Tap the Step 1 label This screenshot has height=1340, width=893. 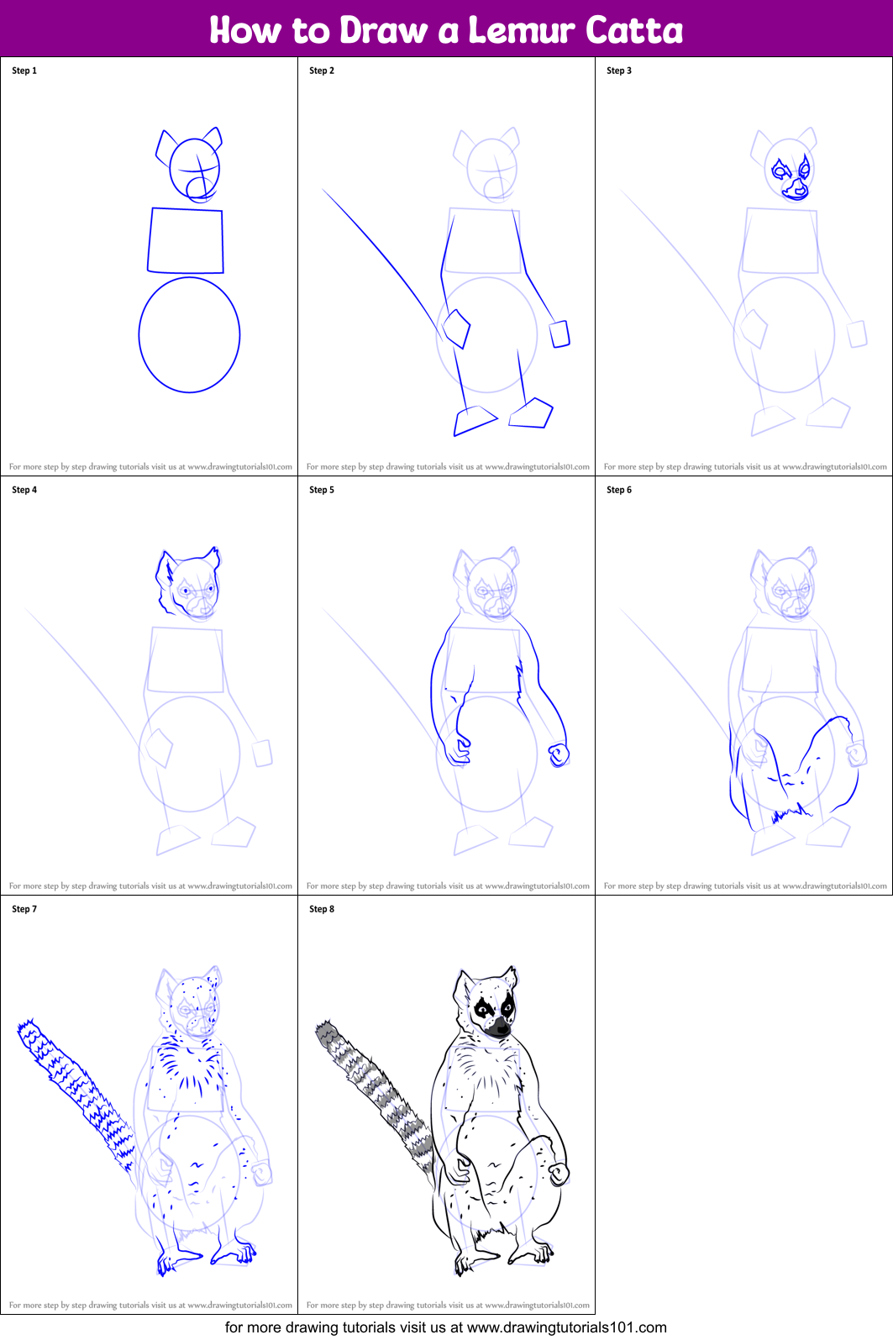coord(24,71)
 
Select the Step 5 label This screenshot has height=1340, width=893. coord(322,490)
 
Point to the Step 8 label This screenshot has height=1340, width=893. coord(322,909)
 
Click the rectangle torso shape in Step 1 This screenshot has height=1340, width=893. coord(186,241)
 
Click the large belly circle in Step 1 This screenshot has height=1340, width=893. coord(189,335)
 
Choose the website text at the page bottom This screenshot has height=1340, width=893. coord(446,1327)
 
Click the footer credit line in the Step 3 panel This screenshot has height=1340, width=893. coord(744,466)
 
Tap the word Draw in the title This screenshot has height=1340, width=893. coord(383,30)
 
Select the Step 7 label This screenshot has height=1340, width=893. coord(24,909)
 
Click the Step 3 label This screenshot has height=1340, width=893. coord(619,71)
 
